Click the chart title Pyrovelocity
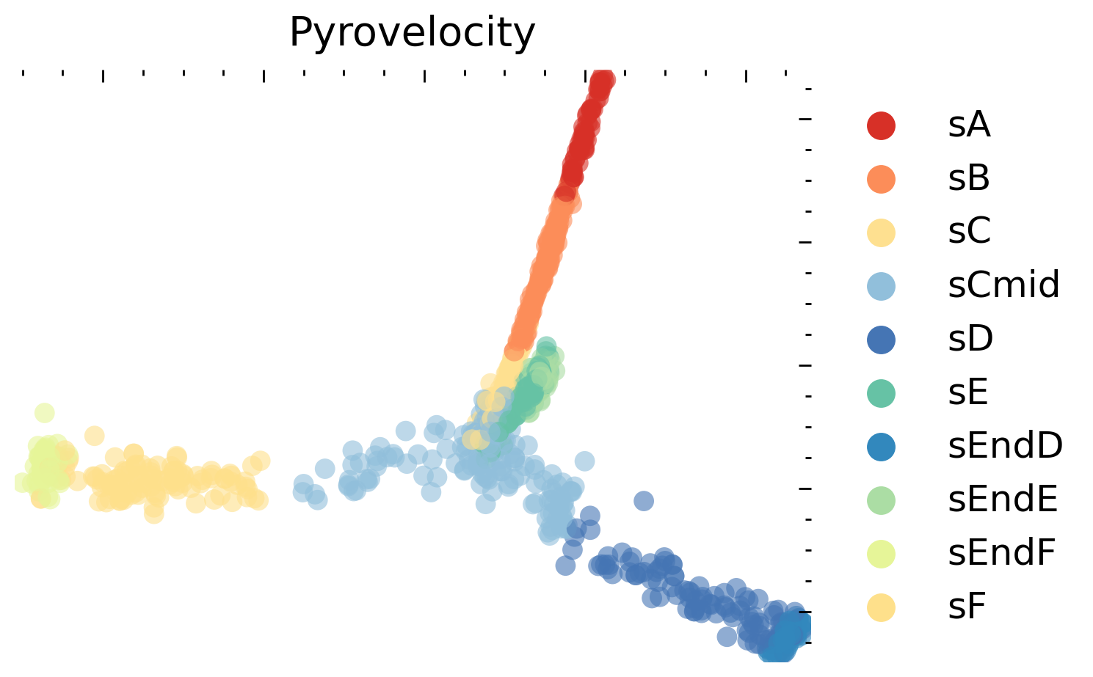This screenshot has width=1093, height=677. (x=412, y=33)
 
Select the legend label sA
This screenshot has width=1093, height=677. (x=969, y=125)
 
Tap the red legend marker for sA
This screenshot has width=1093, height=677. (x=881, y=125)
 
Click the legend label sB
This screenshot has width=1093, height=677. (x=969, y=179)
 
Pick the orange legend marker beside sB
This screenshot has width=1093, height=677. (x=881, y=179)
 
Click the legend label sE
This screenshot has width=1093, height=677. (x=968, y=393)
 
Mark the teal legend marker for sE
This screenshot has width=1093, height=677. (x=881, y=393)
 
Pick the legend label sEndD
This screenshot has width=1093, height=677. (x=1005, y=447)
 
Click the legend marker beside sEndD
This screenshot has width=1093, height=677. (x=881, y=447)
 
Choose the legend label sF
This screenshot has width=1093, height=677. (x=967, y=607)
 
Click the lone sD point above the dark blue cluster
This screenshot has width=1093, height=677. (x=643, y=501)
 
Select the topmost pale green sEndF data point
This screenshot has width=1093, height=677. (x=44, y=413)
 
